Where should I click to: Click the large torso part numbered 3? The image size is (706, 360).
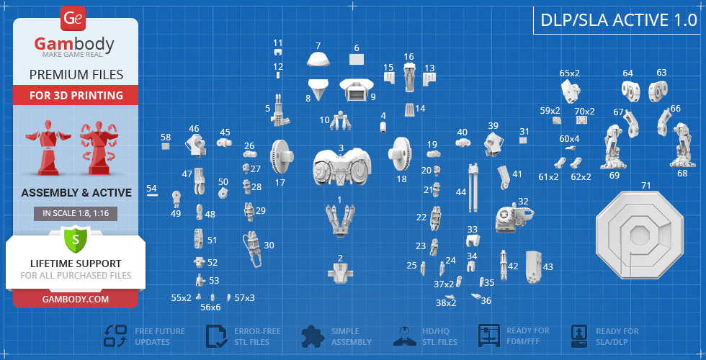(x=342, y=167)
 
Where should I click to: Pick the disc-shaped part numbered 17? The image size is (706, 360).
(x=282, y=156)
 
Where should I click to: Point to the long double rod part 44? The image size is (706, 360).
(x=472, y=188)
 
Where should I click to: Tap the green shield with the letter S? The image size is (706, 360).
(x=76, y=240)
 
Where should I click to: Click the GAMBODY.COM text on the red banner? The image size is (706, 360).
(x=76, y=299)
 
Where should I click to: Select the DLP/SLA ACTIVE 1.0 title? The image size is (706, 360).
(x=619, y=20)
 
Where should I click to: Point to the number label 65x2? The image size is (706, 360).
(x=570, y=73)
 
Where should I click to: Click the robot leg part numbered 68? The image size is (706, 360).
(x=682, y=145)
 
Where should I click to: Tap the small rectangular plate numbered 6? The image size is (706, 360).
(x=357, y=60)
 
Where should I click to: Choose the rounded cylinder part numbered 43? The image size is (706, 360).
(x=534, y=266)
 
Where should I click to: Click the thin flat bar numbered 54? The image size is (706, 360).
(x=152, y=195)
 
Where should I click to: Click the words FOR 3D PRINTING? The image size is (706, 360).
(x=76, y=95)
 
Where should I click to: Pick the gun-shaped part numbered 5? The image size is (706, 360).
(x=280, y=110)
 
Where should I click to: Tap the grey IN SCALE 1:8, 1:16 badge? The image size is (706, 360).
(x=76, y=214)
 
